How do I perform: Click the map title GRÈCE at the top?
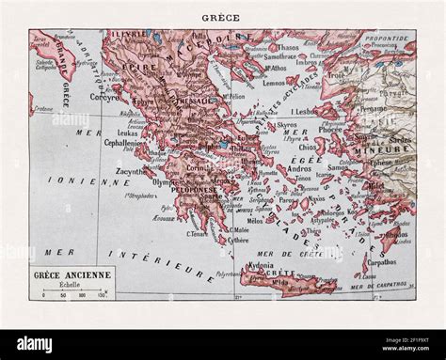point(223,16)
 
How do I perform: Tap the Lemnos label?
point(288,85)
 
